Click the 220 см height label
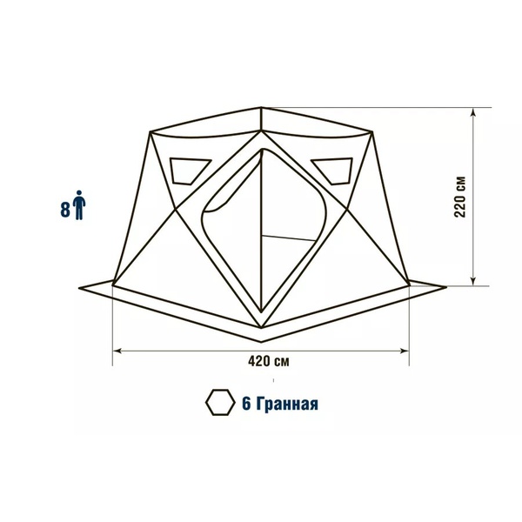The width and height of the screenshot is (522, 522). click(459, 197)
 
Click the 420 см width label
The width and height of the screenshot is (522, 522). click(269, 361)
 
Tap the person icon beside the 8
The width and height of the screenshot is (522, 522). click(79, 205)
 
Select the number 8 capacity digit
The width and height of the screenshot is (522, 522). click(65, 210)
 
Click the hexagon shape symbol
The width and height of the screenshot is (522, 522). click(220, 403)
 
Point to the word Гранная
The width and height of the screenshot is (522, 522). click(288, 404)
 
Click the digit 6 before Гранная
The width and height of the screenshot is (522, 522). click(246, 404)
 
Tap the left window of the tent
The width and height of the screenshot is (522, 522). click(189, 171)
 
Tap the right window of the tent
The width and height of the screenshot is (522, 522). click(333, 171)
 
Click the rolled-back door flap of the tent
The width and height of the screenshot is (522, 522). click(230, 186)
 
